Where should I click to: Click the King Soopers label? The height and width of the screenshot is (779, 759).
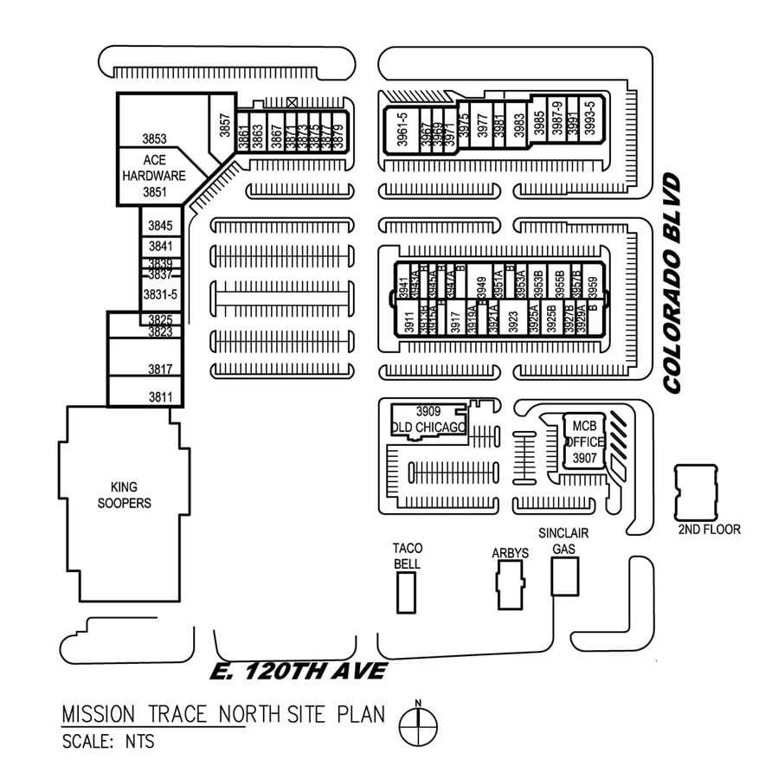coord(125,495)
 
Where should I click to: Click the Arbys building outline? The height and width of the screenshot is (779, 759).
coord(510,584)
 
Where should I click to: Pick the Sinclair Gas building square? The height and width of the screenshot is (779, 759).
coord(564,576)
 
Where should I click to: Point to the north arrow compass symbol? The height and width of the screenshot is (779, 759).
coord(418,720)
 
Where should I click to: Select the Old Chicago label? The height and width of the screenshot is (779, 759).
coord(429,427)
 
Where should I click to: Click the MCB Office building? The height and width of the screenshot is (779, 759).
coord(584,441)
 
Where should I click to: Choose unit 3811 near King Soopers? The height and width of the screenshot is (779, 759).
coord(160,397)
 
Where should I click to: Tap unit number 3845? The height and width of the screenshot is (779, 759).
coord(160,226)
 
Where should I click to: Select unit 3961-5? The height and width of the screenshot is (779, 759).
coord(402,132)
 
